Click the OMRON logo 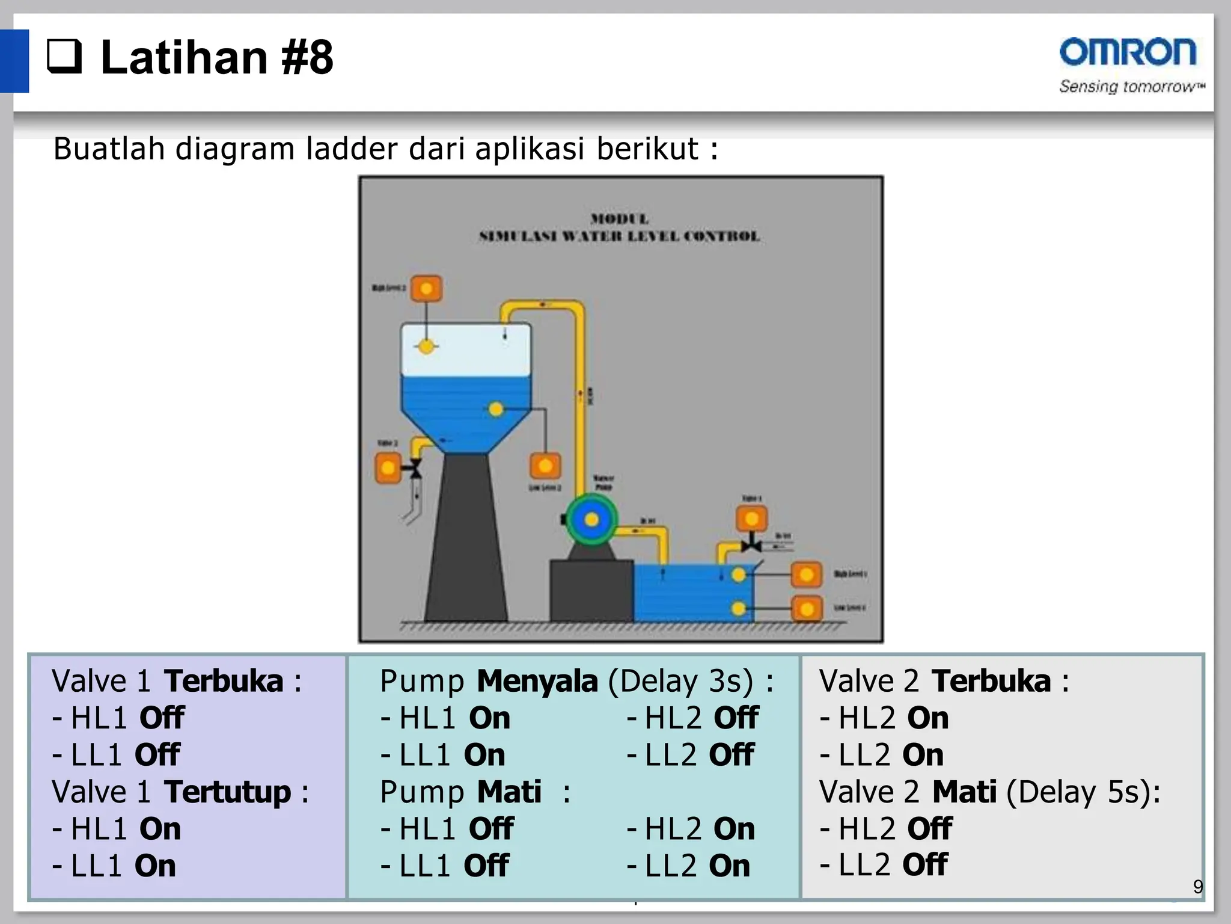(1128, 52)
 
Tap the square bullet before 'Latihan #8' (64, 57)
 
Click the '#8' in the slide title (307, 57)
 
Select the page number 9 (1197, 886)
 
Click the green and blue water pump (591, 520)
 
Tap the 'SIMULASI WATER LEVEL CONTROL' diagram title (619, 236)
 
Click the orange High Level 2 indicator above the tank (426, 289)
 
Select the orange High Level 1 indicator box (806, 575)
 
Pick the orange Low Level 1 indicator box (806, 609)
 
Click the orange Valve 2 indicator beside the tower (388, 468)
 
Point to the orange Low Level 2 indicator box (545, 466)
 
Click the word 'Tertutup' (227, 792)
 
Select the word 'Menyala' (537, 681)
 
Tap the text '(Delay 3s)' (680, 681)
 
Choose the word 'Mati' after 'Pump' (509, 792)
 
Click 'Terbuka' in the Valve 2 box (991, 681)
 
